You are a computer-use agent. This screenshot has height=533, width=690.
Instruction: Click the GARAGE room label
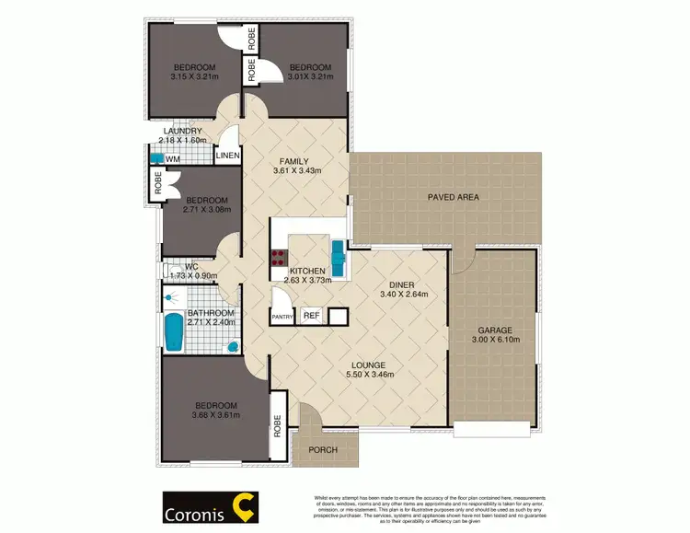click(x=494, y=330)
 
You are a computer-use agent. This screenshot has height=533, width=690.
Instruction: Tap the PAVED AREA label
click(x=454, y=197)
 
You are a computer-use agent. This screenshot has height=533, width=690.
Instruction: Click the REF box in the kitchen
click(x=311, y=316)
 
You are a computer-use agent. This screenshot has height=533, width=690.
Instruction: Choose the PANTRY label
click(x=282, y=317)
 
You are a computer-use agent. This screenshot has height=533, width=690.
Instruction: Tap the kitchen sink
click(x=339, y=253)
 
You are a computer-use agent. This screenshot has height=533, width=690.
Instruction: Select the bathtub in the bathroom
click(x=173, y=332)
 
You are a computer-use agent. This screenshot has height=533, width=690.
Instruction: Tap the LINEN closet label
click(x=227, y=156)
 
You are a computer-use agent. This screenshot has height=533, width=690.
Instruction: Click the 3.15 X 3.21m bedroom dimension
click(x=195, y=77)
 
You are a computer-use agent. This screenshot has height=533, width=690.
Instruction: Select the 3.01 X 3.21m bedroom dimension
click(x=304, y=77)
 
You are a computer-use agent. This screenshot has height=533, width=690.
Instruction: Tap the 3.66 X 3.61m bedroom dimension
click(x=214, y=415)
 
